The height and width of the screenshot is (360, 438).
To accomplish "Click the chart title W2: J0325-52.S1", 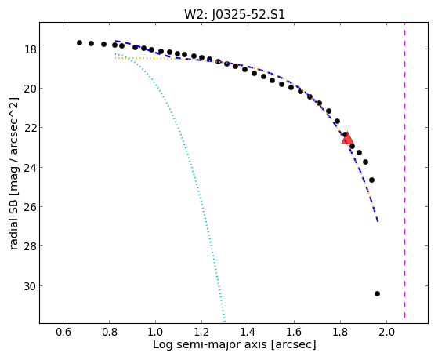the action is [x=234, y=14].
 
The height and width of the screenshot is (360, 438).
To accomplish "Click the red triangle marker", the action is [x=347, y=139].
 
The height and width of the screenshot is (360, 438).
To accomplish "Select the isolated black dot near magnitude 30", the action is [x=377, y=293].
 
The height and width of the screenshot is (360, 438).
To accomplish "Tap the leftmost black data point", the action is [x=79, y=43].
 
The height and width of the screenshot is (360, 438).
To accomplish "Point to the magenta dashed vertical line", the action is [x=404, y=170].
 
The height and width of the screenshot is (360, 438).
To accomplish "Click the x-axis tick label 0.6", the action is [x=63, y=333].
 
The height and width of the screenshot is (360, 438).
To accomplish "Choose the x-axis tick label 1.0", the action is [x=155, y=333].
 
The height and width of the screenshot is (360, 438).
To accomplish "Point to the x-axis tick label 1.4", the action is [x=248, y=333].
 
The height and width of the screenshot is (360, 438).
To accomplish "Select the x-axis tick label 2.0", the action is [x=386, y=333].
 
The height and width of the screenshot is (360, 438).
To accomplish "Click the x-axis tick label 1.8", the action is [x=340, y=333].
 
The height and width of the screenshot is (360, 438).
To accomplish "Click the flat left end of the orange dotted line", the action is [x=115, y=58].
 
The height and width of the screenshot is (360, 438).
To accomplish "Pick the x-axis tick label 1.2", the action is [x=201, y=333].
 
